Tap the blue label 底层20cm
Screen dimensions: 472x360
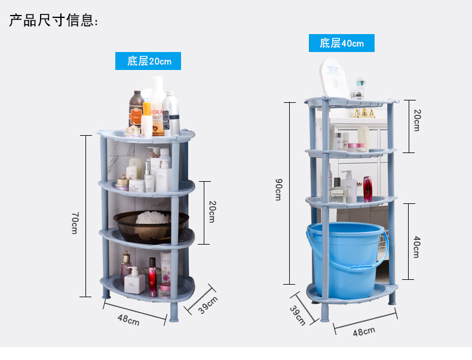pos(148,61)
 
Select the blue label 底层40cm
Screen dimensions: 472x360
pos(341,43)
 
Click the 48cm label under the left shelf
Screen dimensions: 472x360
pos(128,320)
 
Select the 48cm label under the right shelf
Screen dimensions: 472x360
pos(364,331)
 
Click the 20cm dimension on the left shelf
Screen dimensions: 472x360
pos(212,211)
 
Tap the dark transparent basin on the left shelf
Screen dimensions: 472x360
pos(151,225)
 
